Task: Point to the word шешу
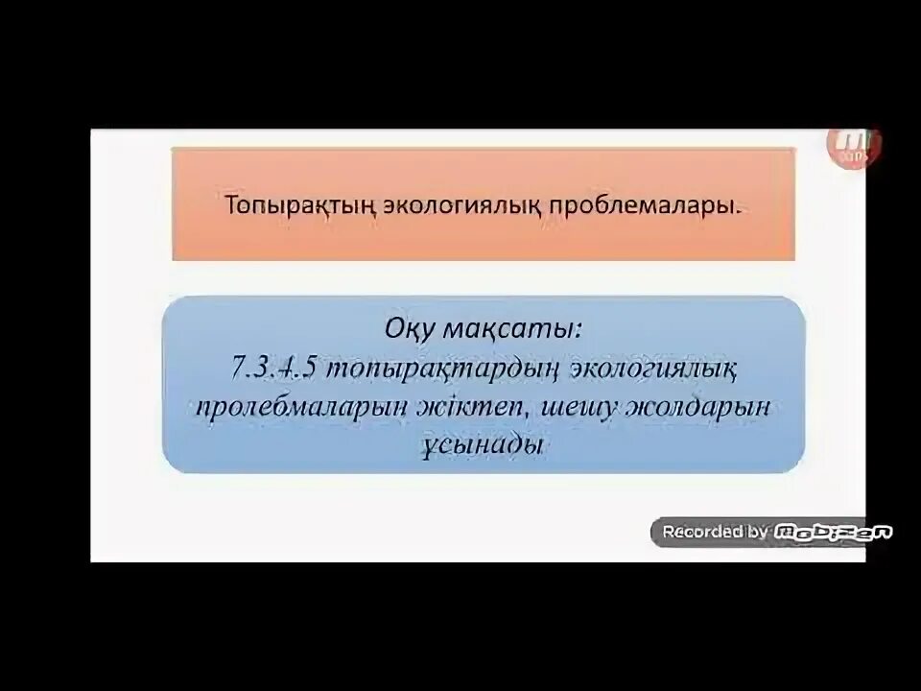tap(595, 405)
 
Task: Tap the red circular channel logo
tap(855, 144)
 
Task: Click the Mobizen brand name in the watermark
tap(833, 531)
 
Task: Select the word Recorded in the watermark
tap(702, 531)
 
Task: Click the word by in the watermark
tap(757, 531)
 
